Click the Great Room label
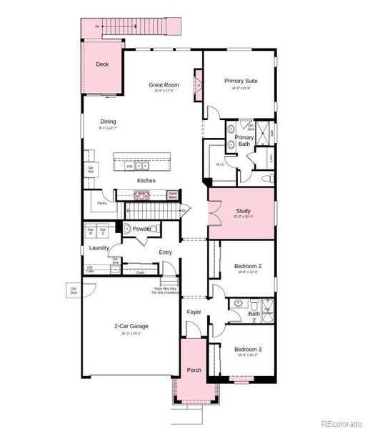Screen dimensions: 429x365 coord(164,85)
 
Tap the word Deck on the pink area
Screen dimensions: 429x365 coord(102,64)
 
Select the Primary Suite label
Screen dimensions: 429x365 coord(240,81)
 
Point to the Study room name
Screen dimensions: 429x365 coord(244,211)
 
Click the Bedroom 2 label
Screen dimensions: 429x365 coord(248,266)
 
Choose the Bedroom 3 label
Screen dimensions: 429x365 coord(248,349)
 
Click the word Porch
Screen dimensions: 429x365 coord(194,370)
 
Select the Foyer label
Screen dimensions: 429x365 coord(194,312)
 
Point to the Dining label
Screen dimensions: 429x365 coord(108,122)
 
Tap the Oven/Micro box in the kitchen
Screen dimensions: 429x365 coord(173,194)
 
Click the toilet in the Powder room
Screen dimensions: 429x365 coord(127,230)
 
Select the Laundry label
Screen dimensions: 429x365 coord(99,247)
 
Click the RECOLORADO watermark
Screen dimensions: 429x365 coord(341,422)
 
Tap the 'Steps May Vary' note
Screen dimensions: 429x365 coord(166,290)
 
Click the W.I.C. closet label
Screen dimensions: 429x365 coord(220,164)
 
